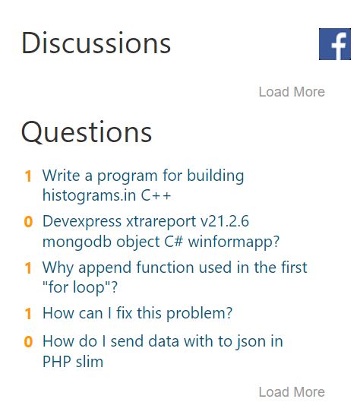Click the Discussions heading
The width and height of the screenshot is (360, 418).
click(x=96, y=43)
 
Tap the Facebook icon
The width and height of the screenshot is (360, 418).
click(x=335, y=44)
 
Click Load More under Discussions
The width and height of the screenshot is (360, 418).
click(x=292, y=92)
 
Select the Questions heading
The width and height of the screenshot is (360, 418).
click(x=87, y=132)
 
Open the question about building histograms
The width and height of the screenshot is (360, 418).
click(x=143, y=185)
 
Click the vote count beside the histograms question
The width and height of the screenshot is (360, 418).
click(x=28, y=176)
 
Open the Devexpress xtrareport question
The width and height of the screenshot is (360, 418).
click(x=161, y=231)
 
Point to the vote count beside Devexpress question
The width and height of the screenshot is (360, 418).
click(x=28, y=222)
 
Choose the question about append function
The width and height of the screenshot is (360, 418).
click(x=175, y=277)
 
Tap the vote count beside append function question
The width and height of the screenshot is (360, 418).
click(x=28, y=268)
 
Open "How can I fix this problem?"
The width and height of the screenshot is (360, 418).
click(x=137, y=313)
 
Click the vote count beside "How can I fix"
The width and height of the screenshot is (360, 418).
click(x=28, y=314)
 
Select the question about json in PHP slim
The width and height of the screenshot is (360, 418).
click(x=163, y=351)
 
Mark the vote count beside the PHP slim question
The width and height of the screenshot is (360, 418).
click(x=28, y=342)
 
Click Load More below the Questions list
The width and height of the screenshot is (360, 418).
click(x=292, y=392)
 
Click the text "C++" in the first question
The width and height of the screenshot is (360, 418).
click(x=156, y=195)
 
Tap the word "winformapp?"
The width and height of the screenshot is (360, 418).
click(x=234, y=242)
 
